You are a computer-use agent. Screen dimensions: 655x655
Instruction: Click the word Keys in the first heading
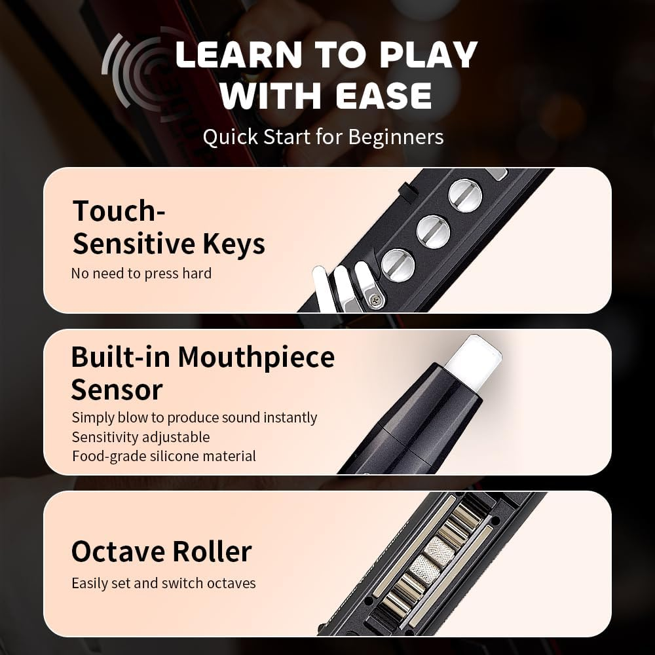coord(234,244)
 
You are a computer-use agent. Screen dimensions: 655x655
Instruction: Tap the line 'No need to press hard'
coord(141,273)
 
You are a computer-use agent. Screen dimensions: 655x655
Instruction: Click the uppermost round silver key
coord(465,195)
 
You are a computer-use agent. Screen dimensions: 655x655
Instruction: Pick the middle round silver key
coord(434,231)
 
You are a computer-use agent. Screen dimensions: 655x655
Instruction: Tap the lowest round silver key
coord(398,265)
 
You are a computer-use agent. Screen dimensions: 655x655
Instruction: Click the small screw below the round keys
coord(375,299)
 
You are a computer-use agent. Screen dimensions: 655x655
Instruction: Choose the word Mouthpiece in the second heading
coord(256,358)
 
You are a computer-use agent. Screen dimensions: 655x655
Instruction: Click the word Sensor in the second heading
coord(117,390)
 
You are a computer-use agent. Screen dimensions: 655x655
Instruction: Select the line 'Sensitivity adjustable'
coord(141,437)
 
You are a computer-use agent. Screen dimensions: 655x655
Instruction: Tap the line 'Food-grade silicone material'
coord(164,456)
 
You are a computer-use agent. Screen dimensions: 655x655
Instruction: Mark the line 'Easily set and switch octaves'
coord(164,582)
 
